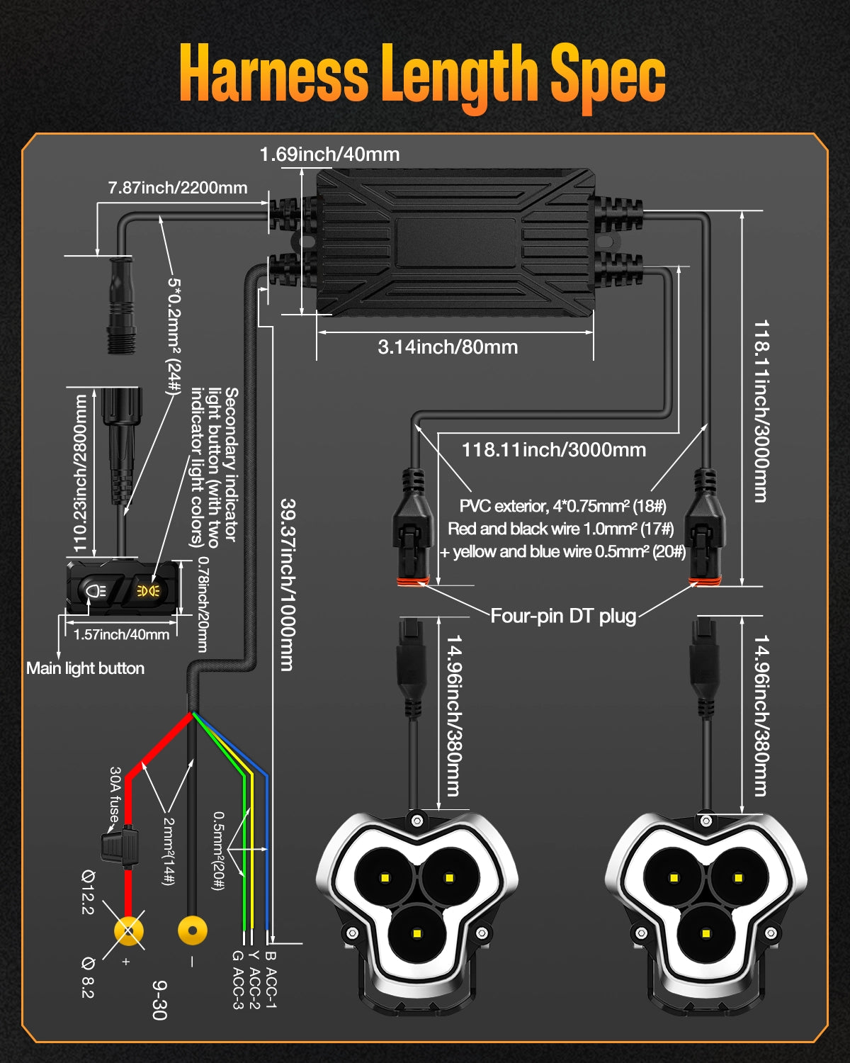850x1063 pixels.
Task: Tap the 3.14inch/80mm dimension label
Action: point(448,347)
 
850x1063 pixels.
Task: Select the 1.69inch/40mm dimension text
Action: point(329,154)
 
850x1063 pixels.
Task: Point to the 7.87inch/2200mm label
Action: point(178,188)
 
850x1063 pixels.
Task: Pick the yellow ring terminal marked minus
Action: point(192,930)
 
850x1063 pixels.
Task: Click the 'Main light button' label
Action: point(85,668)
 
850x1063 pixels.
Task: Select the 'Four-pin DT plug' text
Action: point(564,616)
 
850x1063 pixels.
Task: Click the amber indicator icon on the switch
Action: point(148,590)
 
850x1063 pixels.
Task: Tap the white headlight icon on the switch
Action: point(94,590)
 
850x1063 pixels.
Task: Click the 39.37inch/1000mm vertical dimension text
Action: point(288,585)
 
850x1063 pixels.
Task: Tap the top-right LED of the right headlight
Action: point(738,878)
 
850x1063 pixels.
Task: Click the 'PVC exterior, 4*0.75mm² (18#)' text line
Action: point(563,506)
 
